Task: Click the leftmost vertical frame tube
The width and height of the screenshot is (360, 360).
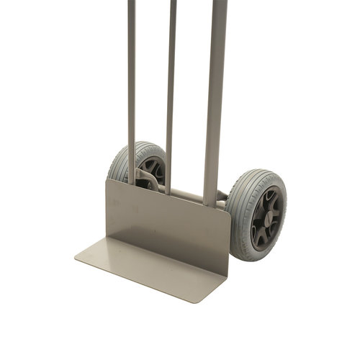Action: click(131, 86)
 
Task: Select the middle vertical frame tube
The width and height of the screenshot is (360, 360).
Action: click(171, 86)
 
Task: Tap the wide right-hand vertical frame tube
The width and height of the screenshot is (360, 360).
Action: click(215, 94)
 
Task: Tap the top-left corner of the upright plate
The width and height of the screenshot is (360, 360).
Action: click(107, 181)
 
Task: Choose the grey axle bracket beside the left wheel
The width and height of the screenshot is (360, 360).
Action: click(144, 176)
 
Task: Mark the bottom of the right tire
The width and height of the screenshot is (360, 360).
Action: click(252, 258)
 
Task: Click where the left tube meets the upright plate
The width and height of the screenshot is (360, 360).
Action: click(132, 184)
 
